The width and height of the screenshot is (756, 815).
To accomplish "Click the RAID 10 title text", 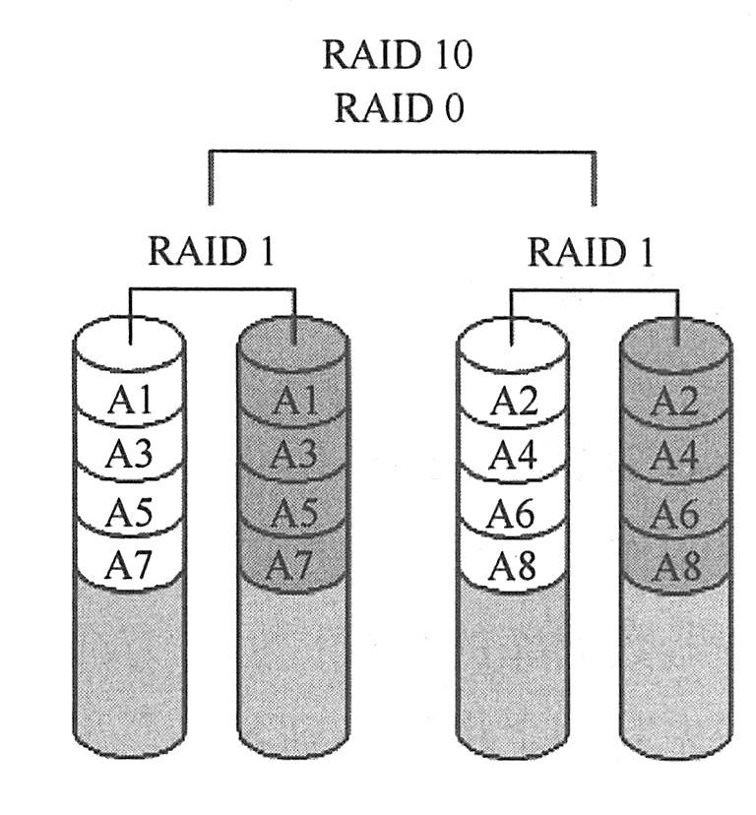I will (x=397, y=55).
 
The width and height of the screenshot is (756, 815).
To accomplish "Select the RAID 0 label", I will (x=397, y=107).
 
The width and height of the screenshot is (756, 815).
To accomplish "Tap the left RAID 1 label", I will (x=211, y=252).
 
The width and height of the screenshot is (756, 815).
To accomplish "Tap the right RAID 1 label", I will (x=591, y=252).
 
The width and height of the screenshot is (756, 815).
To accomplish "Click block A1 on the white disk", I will (x=130, y=402).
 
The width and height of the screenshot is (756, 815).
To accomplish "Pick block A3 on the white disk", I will (x=130, y=456).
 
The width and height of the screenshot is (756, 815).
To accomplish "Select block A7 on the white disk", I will (x=130, y=565).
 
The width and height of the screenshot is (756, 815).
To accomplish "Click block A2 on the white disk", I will (x=513, y=402).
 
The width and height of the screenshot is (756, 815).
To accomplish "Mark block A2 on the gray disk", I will (x=675, y=402).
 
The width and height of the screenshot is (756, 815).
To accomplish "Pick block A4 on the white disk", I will (x=513, y=456).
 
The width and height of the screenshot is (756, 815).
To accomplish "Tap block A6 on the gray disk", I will (x=675, y=512).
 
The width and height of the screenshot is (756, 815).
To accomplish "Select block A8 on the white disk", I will (x=513, y=565).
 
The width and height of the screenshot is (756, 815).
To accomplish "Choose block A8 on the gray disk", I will (x=675, y=566).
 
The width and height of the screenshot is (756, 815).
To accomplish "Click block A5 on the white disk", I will (x=130, y=511).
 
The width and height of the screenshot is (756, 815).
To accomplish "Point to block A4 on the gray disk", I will (x=675, y=457).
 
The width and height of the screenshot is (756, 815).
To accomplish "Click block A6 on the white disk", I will (x=513, y=511).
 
